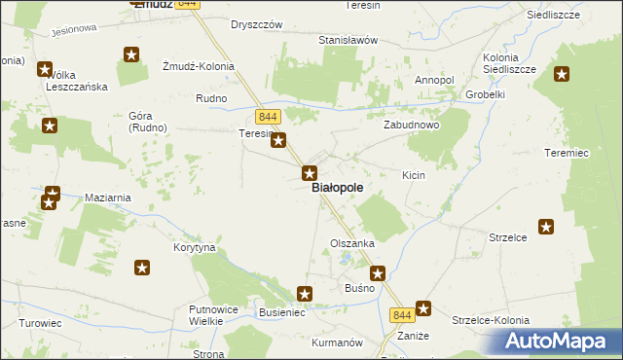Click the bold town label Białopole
[x=339, y=188]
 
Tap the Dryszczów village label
[x=256, y=23]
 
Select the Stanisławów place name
[x=348, y=41]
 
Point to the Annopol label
[x=434, y=80]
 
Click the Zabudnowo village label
[x=410, y=126]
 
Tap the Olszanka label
[x=352, y=243]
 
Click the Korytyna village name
[x=195, y=248]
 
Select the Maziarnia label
[x=108, y=198]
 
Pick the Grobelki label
[x=484, y=95]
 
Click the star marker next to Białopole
[x=310, y=174]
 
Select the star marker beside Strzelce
[x=546, y=227]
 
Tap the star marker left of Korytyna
[x=142, y=268]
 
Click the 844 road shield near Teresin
[x=270, y=118]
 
